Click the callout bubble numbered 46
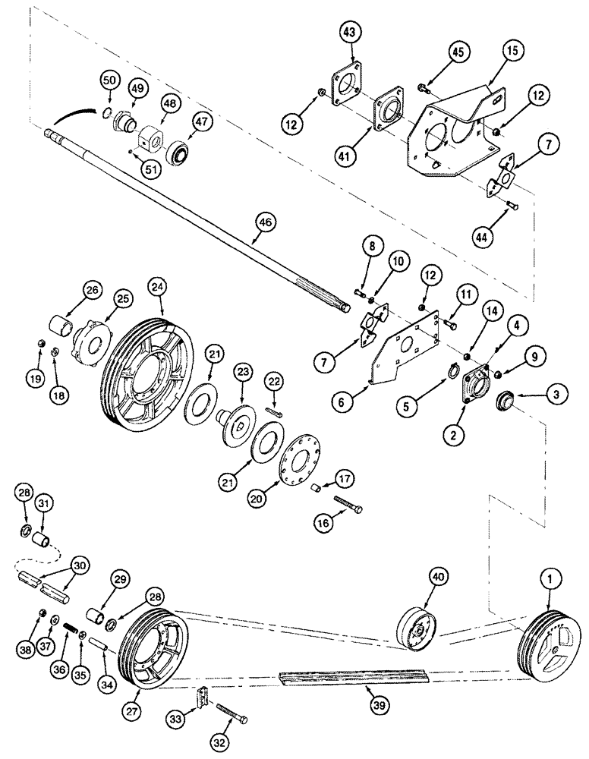coord(266,223)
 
